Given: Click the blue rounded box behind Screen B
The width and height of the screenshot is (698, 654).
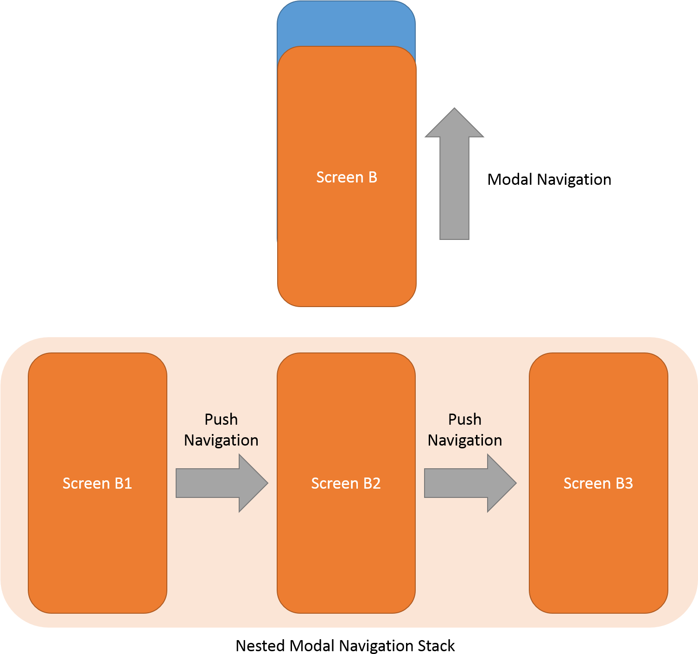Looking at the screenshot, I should (x=346, y=23).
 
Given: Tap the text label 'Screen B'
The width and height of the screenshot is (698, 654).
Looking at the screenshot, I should (x=346, y=177).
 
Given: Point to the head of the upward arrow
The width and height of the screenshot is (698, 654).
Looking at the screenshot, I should (x=454, y=124).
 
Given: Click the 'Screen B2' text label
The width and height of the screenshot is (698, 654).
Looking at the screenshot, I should (x=346, y=484).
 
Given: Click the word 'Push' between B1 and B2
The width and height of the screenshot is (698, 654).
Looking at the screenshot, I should (x=221, y=420).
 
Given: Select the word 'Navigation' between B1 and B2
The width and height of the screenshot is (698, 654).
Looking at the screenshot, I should (x=221, y=440).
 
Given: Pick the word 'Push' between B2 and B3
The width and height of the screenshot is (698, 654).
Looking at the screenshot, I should (x=465, y=420).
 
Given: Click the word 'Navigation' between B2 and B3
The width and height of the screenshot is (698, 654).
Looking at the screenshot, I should (x=465, y=440).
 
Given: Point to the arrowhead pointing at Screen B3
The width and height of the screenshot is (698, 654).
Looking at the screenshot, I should (x=501, y=483).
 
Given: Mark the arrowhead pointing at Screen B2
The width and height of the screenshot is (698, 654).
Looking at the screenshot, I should (x=252, y=483).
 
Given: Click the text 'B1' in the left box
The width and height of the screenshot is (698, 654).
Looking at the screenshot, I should (x=123, y=484).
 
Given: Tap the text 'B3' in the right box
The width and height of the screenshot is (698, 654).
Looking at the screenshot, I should (x=624, y=484).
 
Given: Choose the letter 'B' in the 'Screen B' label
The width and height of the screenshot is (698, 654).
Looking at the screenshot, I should (x=373, y=177).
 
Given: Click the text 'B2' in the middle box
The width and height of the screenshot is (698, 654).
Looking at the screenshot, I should (x=372, y=484).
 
